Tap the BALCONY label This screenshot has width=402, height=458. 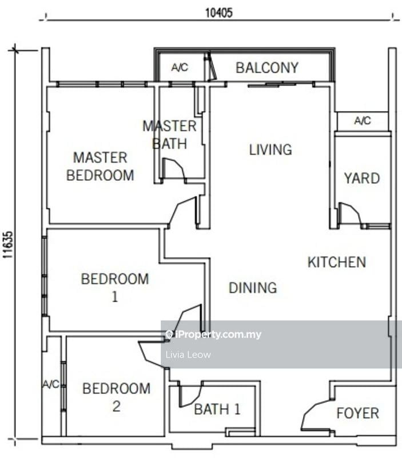point(267,68)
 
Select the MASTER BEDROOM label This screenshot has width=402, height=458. point(100,166)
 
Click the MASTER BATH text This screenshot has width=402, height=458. point(169,135)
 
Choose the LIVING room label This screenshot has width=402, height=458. point(270,150)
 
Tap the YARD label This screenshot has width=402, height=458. point(361,178)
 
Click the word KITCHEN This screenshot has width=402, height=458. point(337,262)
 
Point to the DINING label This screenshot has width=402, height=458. point(253,287)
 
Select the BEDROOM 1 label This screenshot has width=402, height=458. point(115,287)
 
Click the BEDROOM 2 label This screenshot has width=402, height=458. point(117,397)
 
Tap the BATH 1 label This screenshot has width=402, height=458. point(217,409)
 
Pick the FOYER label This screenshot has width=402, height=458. point(357,413)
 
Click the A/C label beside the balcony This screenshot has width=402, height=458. point(180,68)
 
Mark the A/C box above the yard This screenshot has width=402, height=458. point(363,121)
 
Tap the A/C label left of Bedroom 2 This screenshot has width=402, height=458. point(50,384)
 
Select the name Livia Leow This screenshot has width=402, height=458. point(188,354)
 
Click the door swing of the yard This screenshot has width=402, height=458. point(349,215)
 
